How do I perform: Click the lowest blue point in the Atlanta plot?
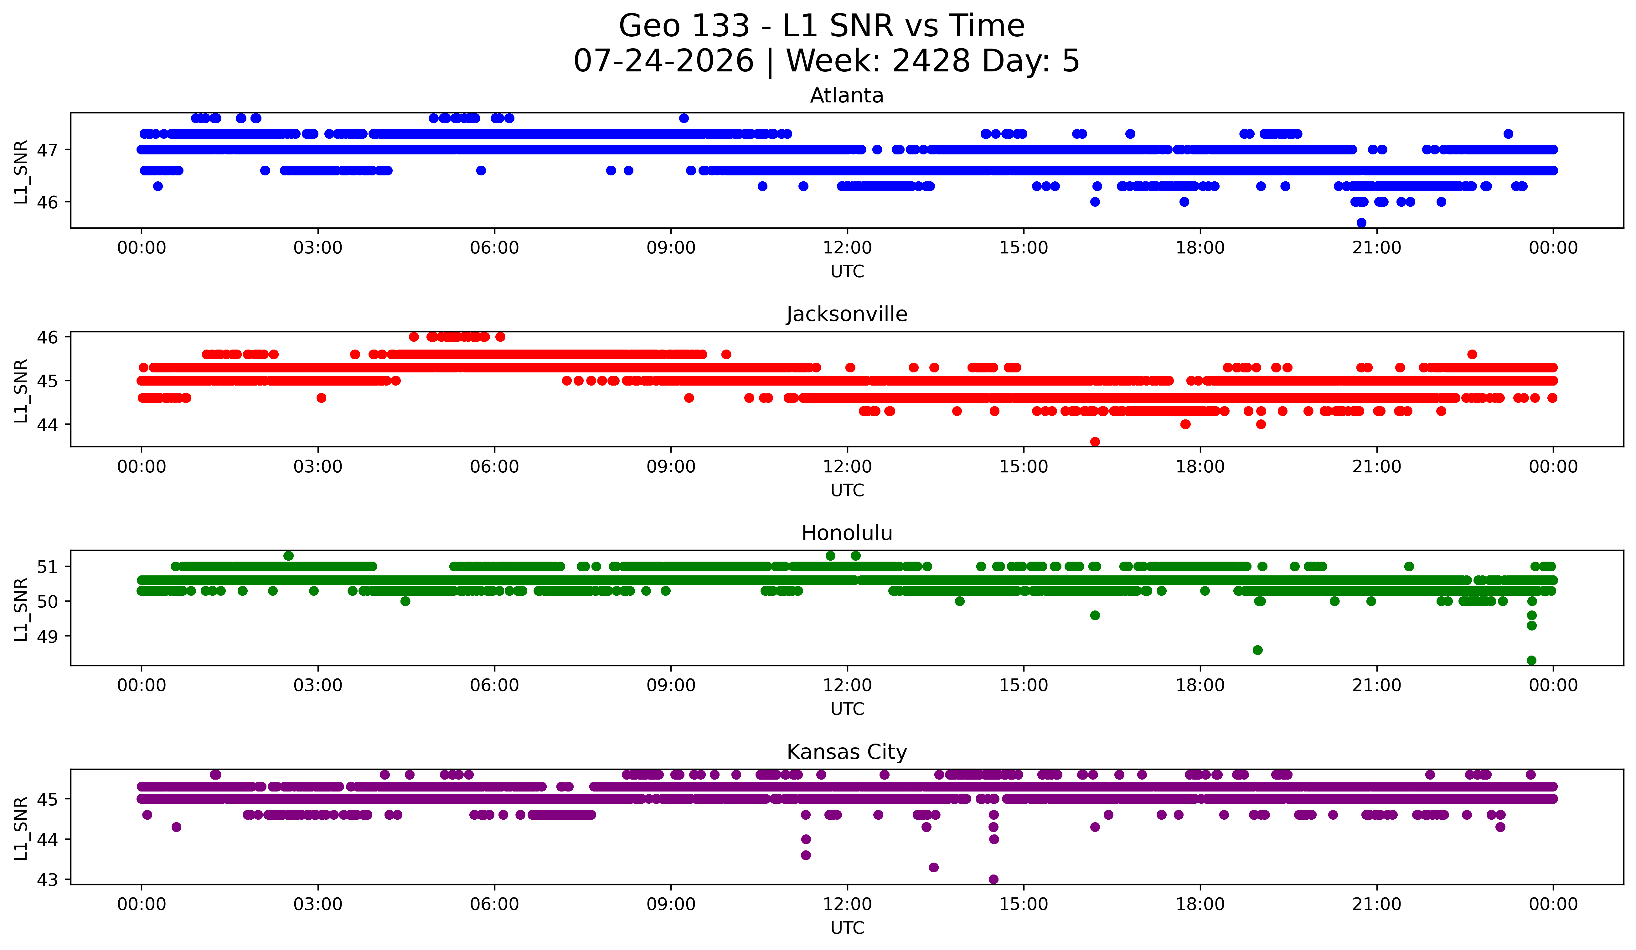pyautogui.click(x=1361, y=223)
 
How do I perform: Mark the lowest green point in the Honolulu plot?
pyautogui.click(x=1531, y=660)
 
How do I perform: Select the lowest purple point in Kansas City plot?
pyautogui.click(x=993, y=879)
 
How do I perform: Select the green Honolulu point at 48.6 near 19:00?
pyautogui.click(x=1257, y=650)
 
